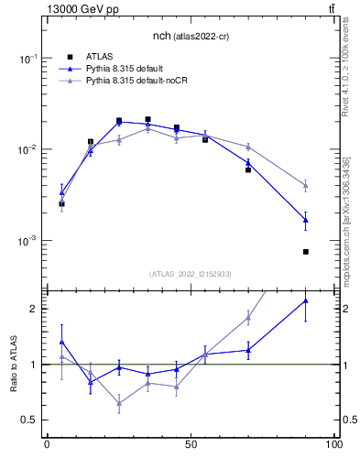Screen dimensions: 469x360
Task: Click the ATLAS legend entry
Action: pos(99,56)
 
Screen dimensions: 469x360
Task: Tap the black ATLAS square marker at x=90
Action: pos(306,252)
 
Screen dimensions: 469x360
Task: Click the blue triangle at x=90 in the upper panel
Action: pos(306,220)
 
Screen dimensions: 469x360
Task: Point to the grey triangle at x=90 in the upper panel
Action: pos(306,185)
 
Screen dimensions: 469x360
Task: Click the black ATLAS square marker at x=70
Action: pos(248,169)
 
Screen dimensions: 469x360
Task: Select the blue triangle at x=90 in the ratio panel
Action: pos(306,300)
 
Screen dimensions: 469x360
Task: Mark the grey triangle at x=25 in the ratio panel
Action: pos(119,403)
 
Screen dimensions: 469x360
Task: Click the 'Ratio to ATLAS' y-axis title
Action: pos(14,364)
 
